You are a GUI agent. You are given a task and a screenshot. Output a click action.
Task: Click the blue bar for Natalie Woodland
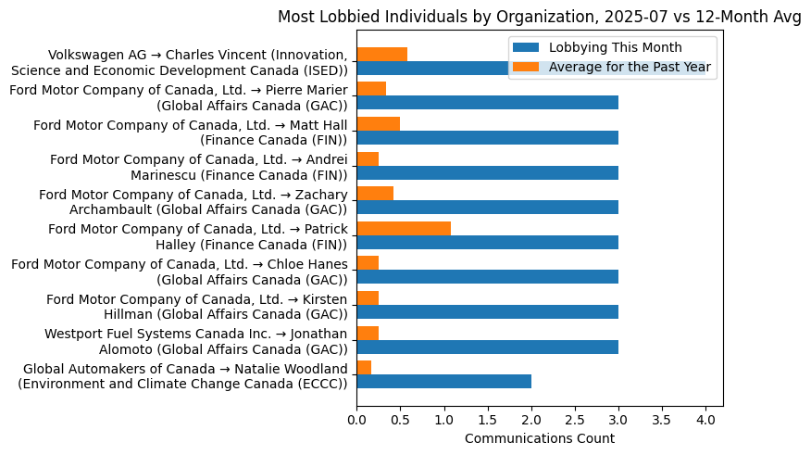point(443,382)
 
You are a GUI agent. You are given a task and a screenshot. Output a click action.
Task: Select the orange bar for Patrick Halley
point(404,228)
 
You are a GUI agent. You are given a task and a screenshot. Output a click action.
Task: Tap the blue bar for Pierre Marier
point(487,103)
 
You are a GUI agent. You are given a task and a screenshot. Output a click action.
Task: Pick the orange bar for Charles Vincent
point(381,54)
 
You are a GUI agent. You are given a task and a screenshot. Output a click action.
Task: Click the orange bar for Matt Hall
point(378,123)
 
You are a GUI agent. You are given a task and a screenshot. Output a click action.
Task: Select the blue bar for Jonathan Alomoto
point(487,347)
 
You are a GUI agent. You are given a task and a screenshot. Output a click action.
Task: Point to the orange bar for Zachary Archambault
point(375,193)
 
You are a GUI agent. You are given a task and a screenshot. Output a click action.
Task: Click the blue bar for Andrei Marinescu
point(487,172)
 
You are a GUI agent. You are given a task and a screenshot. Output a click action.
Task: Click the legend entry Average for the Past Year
point(630,67)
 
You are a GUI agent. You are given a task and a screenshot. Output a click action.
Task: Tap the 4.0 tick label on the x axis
point(705,420)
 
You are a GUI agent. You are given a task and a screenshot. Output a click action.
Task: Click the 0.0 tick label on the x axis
point(356,420)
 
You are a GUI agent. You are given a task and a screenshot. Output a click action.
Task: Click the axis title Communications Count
point(539,438)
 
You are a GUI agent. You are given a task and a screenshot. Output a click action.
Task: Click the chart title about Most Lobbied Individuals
point(539,17)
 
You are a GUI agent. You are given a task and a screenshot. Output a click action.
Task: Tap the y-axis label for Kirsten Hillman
point(196,305)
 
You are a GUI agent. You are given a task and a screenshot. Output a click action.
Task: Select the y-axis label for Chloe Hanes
point(179,271)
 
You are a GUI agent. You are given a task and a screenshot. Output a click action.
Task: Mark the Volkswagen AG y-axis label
point(179,62)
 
